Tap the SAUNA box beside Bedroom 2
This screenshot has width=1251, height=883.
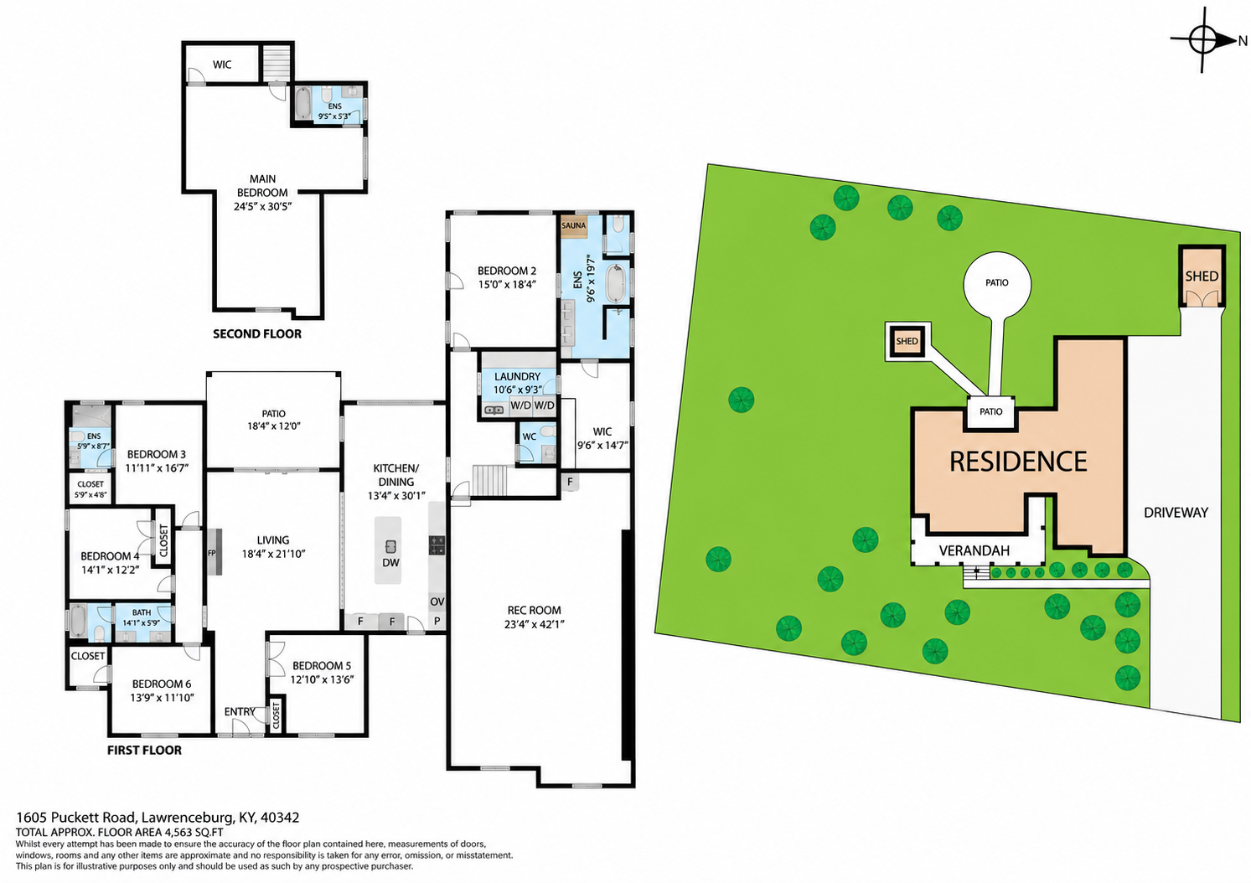click(x=574, y=225)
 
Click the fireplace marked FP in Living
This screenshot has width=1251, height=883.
click(x=215, y=552)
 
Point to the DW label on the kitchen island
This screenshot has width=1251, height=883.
click(x=390, y=562)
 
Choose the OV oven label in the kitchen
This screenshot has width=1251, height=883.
click(x=437, y=602)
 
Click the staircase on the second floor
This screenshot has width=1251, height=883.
click(x=277, y=63)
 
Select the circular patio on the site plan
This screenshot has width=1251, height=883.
click(x=997, y=285)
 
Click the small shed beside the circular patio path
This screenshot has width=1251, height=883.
click(x=907, y=341)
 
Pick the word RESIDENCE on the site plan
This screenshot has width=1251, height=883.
click(x=1018, y=462)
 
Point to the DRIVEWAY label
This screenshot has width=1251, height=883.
click(x=1176, y=512)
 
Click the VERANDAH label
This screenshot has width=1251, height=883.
click(x=974, y=550)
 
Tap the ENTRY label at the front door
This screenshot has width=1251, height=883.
click(x=240, y=711)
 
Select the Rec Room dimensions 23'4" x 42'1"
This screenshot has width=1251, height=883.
click(x=534, y=624)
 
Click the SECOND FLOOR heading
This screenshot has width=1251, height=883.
click(x=257, y=334)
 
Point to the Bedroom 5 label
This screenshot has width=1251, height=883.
click(x=322, y=666)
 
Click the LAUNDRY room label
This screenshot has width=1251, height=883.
click(x=517, y=376)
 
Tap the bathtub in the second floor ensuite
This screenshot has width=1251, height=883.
click(x=302, y=103)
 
